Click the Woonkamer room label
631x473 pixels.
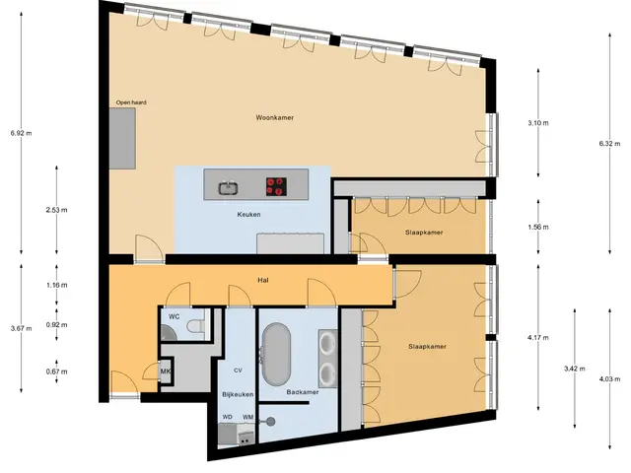click(274, 118)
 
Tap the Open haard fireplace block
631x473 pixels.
click(122, 138)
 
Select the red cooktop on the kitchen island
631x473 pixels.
click(276, 186)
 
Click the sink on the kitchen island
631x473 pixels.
click(228, 188)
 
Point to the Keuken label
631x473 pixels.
click(248, 215)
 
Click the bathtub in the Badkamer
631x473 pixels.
click(276, 354)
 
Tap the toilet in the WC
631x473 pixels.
click(196, 326)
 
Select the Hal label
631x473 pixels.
click(263, 280)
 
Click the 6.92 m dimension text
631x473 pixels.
click(22, 133)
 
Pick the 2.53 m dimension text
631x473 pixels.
click(57, 210)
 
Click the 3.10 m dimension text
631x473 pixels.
click(538, 123)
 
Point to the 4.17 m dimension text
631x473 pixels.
click(538, 337)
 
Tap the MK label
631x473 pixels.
click(166, 372)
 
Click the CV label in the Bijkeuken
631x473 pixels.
click(238, 371)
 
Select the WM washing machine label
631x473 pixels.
click(247, 417)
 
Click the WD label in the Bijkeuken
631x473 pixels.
click(228, 417)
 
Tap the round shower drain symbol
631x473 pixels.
click(270, 421)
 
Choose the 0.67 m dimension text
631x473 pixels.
click(57, 372)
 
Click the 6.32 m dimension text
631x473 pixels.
click(609, 144)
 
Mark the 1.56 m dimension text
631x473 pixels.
click(538, 227)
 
